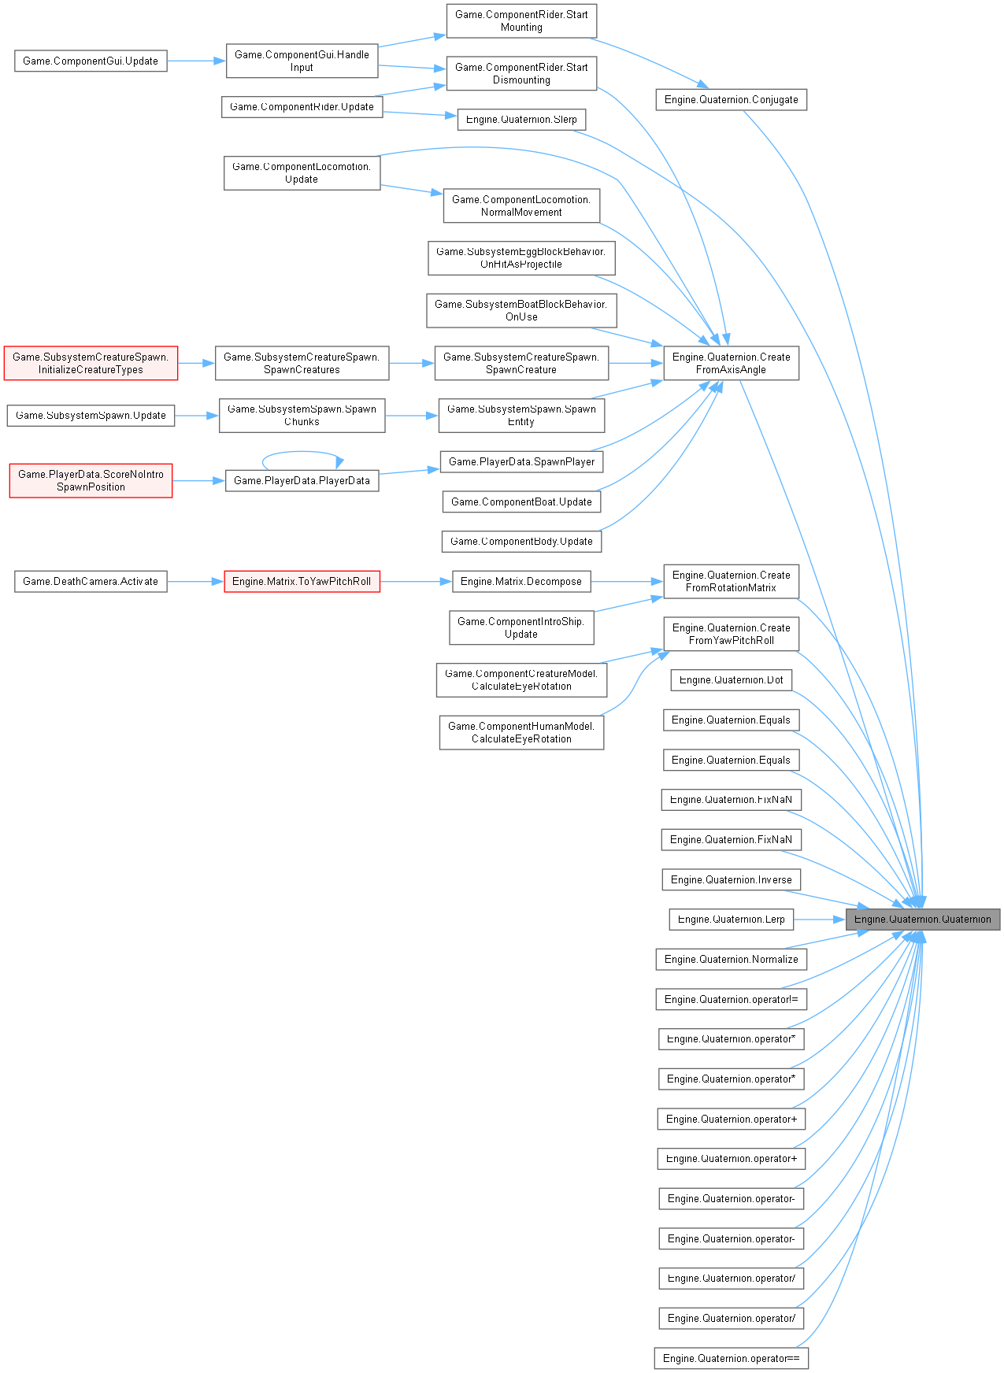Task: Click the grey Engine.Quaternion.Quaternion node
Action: click(x=922, y=919)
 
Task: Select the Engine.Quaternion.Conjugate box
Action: click(x=731, y=100)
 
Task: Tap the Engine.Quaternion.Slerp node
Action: click(x=521, y=120)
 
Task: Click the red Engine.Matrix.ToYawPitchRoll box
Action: click(x=302, y=582)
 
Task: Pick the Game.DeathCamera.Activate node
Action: click(x=91, y=582)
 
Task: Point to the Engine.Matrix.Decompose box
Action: click(x=521, y=582)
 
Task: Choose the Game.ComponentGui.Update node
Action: click(x=91, y=61)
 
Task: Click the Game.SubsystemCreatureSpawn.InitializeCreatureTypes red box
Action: click(x=91, y=363)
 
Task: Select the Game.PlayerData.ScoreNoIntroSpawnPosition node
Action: click(x=91, y=480)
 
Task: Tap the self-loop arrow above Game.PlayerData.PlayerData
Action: click(x=302, y=452)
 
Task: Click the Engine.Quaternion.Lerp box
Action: click(x=731, y=919)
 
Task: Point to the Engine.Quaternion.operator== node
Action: click(x=731, y=1358)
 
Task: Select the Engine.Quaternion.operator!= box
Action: click(x=731, y=999)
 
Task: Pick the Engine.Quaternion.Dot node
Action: click(x=731, y=680)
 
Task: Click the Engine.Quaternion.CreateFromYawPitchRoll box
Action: click(x=731, y=634)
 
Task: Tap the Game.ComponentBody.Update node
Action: click(x=521, y=541)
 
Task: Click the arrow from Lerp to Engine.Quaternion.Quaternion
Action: click(x=819, y=919)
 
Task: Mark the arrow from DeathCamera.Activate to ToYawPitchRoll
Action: click(x=195, y=582)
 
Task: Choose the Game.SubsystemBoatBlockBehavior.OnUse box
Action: click(x=521, y=310)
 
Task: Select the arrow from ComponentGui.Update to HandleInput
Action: click(x=196, y=61)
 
